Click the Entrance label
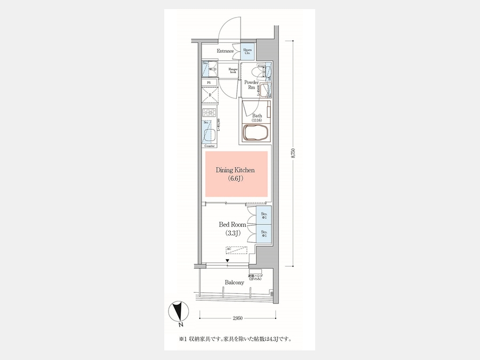pos(225,51)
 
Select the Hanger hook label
pos(233,70)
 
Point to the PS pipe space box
pos(209,83)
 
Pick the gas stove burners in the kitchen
pos(210,113)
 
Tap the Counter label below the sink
pos(210,146)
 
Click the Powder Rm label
pos(251,85)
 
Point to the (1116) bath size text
pos(257,121)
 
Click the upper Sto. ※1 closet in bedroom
pos(263,216)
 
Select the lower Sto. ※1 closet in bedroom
pos(263,233)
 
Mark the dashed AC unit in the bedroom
pos(236,250)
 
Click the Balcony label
pos(235,282)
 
